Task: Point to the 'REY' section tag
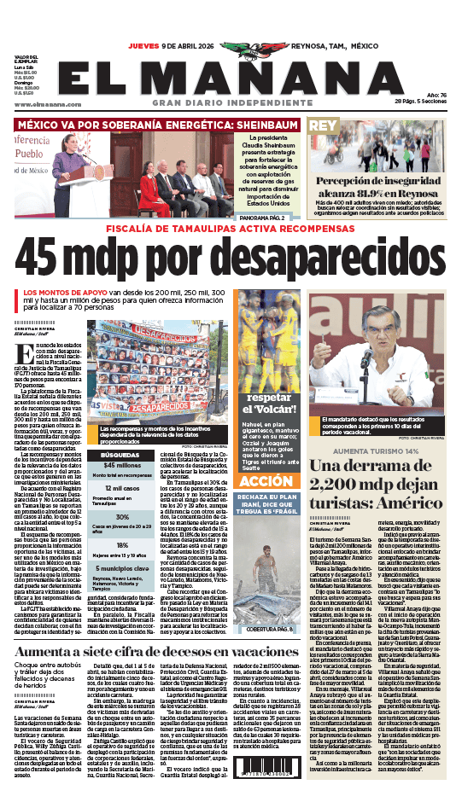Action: [x=322, y=126]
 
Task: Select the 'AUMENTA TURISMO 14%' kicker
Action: [x=375, y=450]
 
